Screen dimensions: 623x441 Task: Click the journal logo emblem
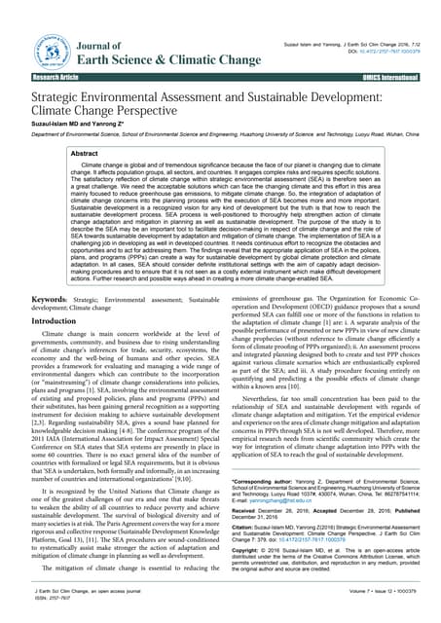(x=52, y=49)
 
